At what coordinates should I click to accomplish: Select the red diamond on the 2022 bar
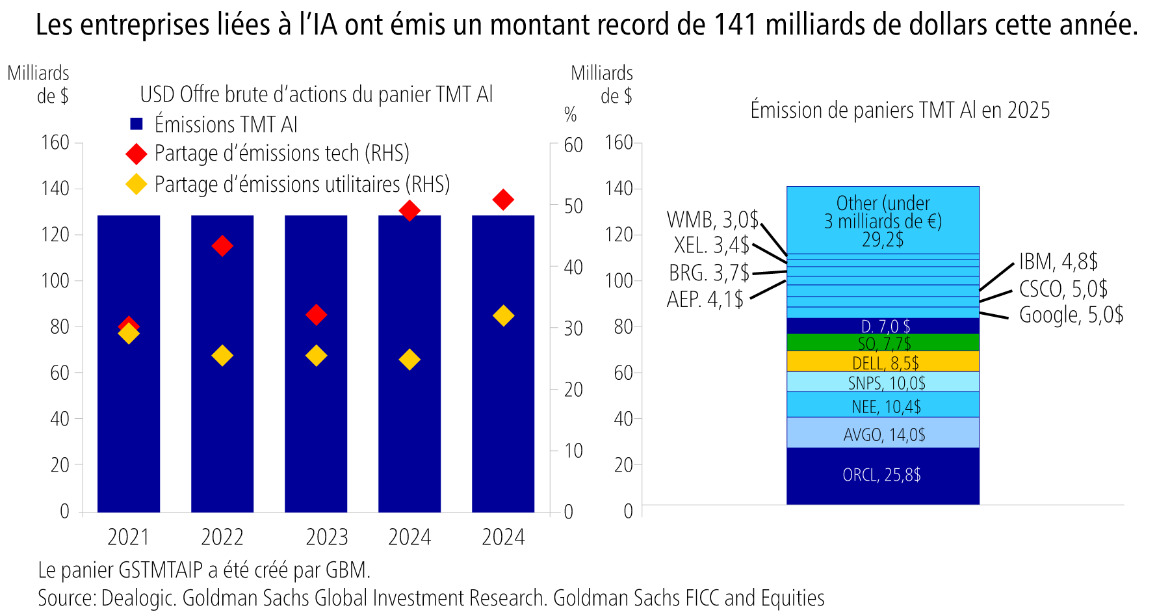[222, 246]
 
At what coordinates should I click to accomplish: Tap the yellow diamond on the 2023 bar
[316, 356]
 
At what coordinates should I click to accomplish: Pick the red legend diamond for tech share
[136, 154]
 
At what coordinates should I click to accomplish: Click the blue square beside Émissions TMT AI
[136, 124]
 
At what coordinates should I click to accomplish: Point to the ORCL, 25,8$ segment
[882, 475]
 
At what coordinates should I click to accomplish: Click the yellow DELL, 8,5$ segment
[882, 361]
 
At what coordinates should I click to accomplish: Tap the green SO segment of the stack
[882, 342]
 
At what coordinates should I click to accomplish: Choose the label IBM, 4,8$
[1058, 262]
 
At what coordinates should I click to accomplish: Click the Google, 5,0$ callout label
[1071, 315]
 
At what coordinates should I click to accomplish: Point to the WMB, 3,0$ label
[712, 220]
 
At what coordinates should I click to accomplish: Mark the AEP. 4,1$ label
[705, 299]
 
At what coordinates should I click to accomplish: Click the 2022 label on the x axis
[222, 537]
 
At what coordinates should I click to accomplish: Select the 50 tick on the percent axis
[573, 206]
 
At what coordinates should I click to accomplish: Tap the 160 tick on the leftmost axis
[55, 142]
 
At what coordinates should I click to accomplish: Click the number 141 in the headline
[736, 25]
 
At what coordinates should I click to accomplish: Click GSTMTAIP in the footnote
[161, 570]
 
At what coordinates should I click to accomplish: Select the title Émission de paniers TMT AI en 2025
[900, 110]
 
